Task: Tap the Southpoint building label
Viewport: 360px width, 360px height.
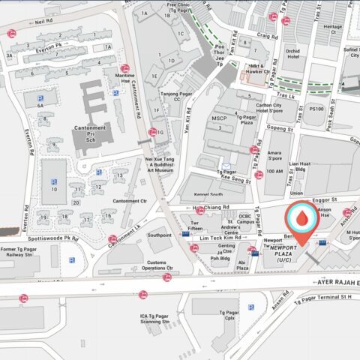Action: tap(159, 235)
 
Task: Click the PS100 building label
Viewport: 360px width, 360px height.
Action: tap(316, 109)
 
